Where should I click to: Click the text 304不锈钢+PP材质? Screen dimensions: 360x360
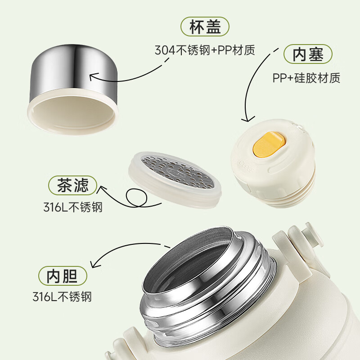[205, 50]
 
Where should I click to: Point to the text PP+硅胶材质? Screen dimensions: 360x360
[306, 77]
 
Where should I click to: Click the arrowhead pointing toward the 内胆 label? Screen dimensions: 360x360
[93, 265]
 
